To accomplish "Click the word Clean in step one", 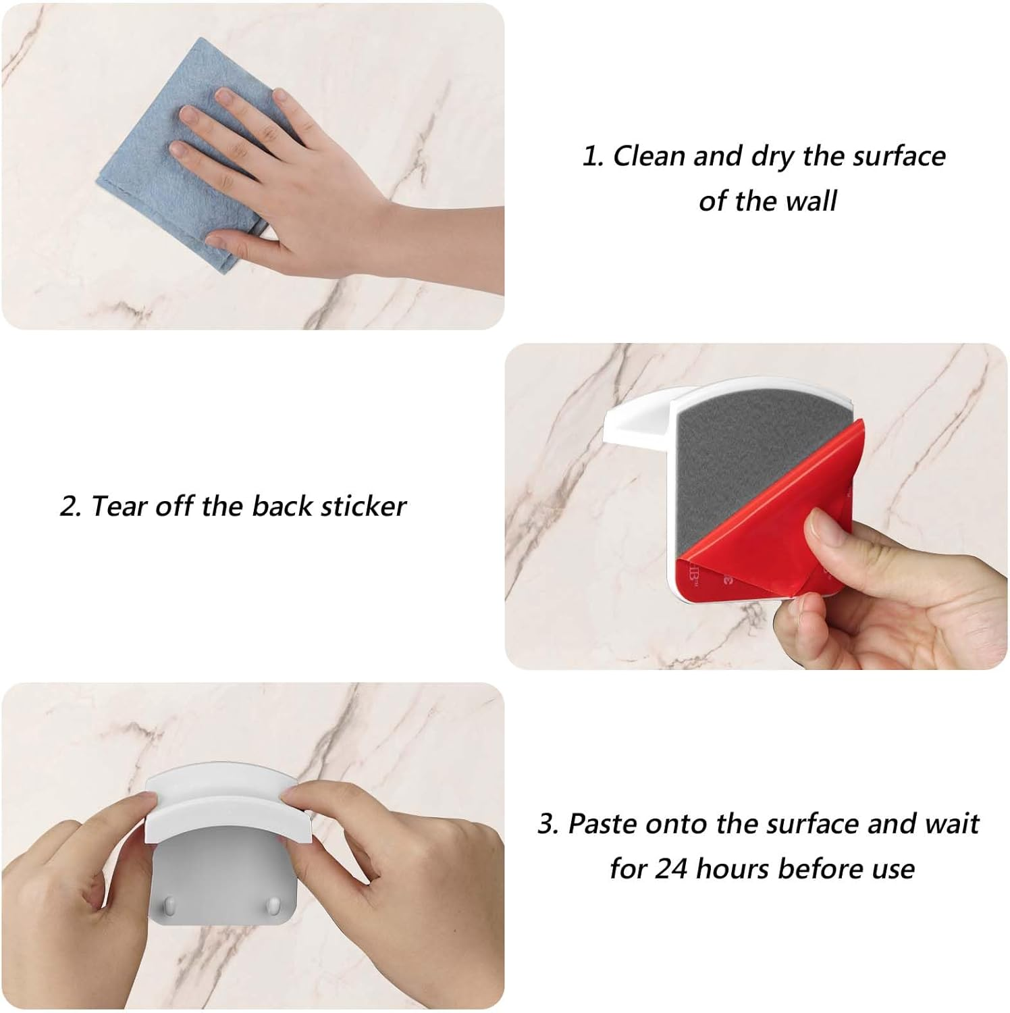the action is [649, 156].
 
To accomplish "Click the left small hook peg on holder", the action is [171, 903].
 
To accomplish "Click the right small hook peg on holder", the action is [272, 903].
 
